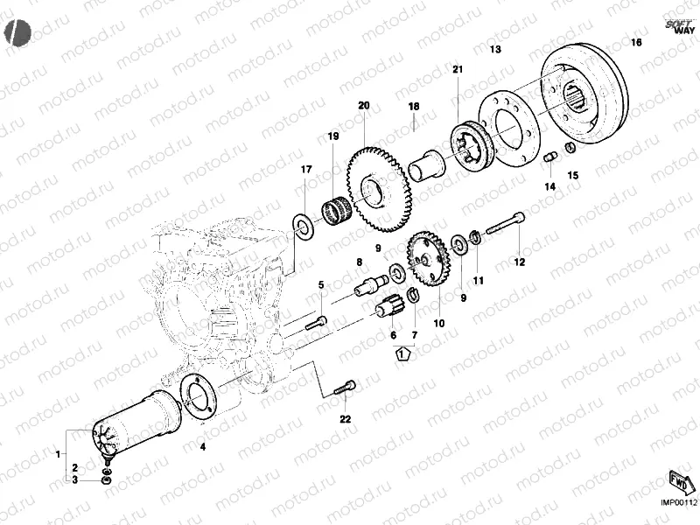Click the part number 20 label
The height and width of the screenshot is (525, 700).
coord(363,106)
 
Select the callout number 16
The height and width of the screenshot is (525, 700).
coord(636,42)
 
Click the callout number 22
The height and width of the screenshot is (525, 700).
coord(345,419)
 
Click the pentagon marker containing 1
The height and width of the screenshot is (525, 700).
coord(402,355)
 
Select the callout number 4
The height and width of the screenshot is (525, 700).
coord(203,447)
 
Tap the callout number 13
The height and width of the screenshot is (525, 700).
coord(495,50)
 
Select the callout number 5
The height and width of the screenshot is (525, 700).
coord(321,284)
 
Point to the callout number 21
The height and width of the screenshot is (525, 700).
coord(458,69)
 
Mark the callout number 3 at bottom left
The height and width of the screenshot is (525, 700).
coord(75,479)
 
